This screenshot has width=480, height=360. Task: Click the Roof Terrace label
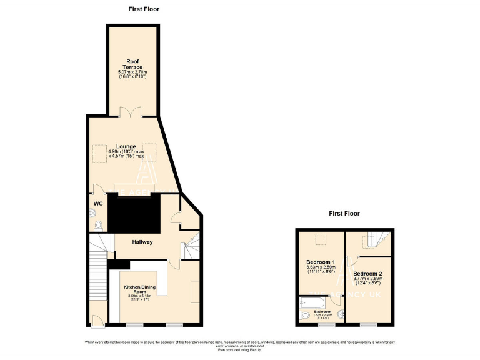click(132, 64)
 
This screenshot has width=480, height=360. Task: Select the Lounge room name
click(126, 147)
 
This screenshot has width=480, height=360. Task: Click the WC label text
click(97, 204)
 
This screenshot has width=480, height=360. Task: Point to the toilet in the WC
click(98, 225)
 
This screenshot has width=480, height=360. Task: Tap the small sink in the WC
click(92, 212)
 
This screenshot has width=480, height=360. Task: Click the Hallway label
click(142, 242)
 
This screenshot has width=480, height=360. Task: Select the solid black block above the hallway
click(134, 212)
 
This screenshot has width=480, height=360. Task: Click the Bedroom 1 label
click(320, 262)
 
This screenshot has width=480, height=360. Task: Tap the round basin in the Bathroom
click(341, 314)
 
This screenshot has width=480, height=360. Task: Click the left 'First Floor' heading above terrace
click(144, 9)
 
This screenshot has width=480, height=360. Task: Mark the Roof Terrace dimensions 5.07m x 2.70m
click(132, 72)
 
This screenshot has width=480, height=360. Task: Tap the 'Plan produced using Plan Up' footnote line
click(239, 350)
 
